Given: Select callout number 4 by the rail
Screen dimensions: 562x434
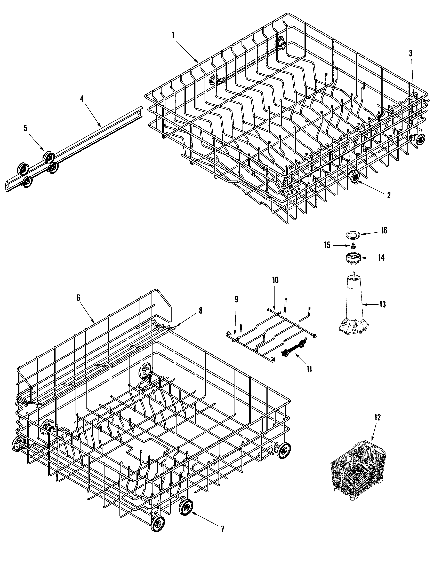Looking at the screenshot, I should pos(82,99).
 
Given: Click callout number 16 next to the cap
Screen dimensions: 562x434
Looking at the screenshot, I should pos(384,230).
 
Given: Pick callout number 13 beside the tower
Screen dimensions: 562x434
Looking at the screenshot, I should pos(383,305).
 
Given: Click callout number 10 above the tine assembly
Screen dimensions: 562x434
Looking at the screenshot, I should pos(275,280).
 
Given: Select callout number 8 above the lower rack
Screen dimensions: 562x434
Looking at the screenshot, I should pos(200,311).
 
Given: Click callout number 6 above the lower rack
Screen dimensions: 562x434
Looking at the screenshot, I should pos(78,298).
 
